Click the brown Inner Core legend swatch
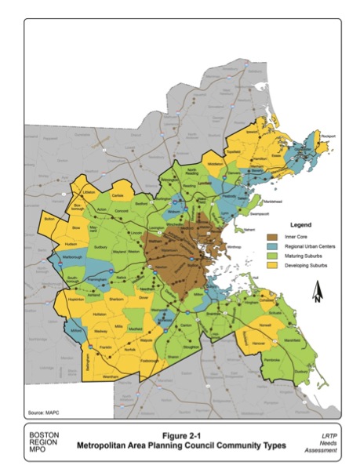(273, 236)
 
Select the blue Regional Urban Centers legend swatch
(273, 246)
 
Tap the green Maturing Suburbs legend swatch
(273, 256)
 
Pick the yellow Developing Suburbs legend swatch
(273, 267)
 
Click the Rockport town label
(327, 136)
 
